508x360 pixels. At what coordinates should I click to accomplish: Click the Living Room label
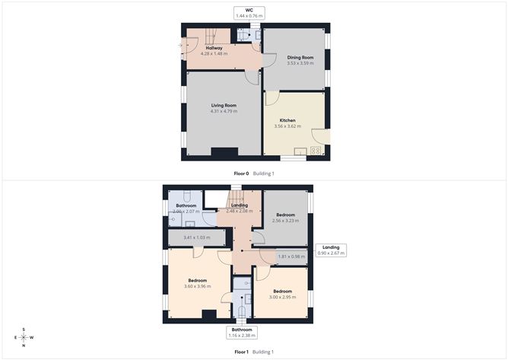[224, 105]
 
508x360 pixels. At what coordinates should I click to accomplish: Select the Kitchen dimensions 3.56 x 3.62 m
[287, 126]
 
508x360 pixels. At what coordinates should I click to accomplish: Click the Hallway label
[214, 48]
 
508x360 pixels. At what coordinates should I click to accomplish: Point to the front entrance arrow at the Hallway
[180, 46]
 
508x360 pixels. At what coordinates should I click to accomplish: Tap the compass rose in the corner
[24, 337]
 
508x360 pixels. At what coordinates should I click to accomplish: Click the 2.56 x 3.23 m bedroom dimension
[285, 221]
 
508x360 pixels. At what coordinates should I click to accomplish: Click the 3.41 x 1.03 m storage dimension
[195, 239]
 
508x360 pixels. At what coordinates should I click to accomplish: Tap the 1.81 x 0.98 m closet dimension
[291, 256]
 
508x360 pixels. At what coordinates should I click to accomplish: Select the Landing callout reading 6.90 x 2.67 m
[331, 252]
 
